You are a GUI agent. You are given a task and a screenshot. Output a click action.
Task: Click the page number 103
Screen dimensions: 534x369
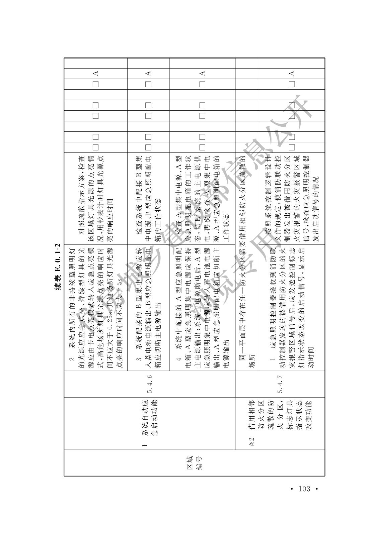click(304, 489)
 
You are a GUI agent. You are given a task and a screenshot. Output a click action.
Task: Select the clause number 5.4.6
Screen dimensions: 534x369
click(150, 384)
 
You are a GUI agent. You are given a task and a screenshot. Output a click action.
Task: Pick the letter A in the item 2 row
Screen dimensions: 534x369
click(95, 73)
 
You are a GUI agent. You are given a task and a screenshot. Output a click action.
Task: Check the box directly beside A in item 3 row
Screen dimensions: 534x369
click(148, 84)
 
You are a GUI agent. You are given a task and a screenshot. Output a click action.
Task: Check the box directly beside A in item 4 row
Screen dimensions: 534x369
click(202, 84)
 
